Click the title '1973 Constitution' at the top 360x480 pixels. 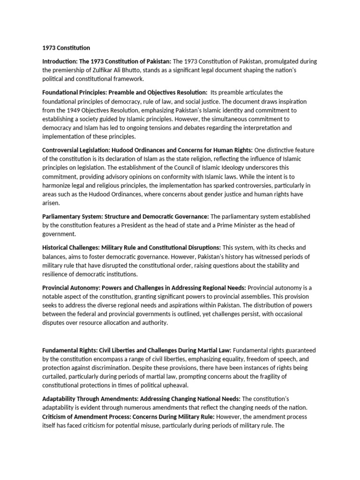66,47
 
